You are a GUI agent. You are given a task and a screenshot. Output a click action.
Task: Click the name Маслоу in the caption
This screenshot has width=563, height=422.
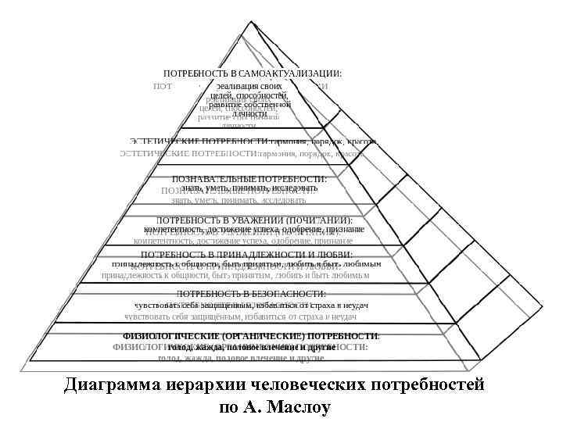coord(301,407)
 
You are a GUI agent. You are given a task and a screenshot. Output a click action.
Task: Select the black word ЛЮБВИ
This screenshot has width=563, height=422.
coord(332,255)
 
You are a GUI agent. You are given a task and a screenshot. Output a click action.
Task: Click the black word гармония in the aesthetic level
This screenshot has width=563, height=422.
coord(289,141)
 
